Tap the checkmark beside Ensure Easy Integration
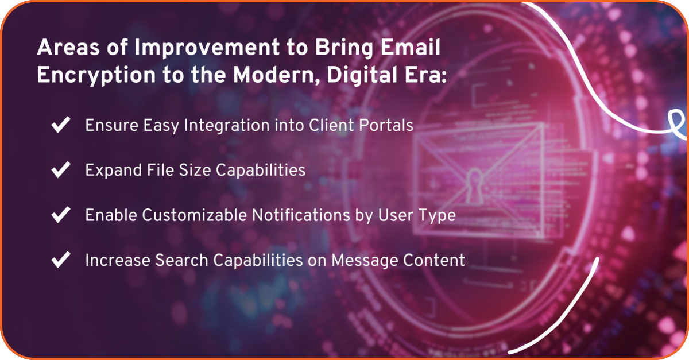tap(61, 125)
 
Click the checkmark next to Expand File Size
tap(61, 170)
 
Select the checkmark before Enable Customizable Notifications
tap(61, 215)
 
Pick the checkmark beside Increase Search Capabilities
tap(61, 260)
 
